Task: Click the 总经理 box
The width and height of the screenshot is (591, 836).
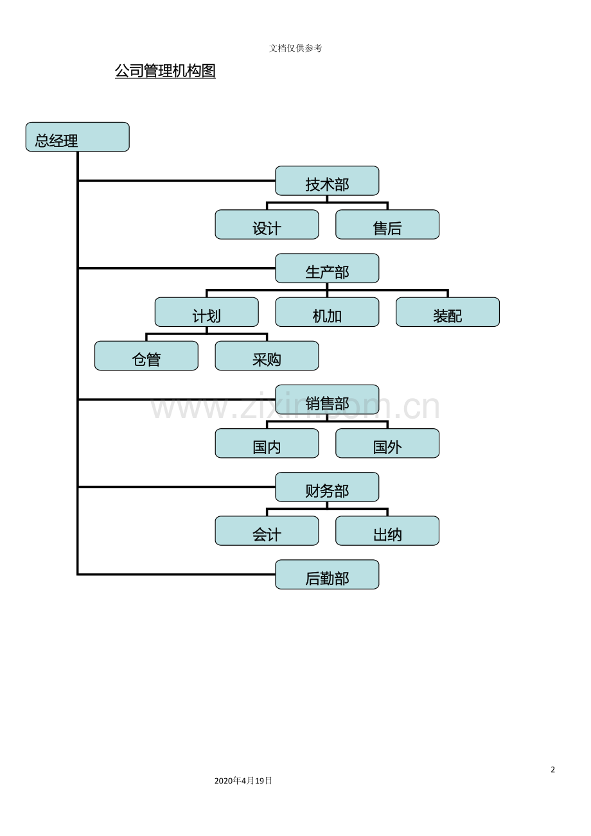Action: (77, 137)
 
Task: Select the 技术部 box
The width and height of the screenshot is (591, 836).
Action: (327, 180)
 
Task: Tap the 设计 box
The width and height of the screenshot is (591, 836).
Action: (267, 224)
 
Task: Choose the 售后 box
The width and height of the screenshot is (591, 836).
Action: (387, 224)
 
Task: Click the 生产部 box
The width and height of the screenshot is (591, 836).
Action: (327, 268)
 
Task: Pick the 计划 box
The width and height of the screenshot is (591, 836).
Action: (206, 312)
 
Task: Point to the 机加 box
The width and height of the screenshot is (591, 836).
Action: (327, 312)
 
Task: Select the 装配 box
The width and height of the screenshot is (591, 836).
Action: (448, 312)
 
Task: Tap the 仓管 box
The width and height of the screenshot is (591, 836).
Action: (146, 356)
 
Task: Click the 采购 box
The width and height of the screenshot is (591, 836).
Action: (267, 356)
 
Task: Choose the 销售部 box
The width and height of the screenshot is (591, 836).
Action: (327, 399)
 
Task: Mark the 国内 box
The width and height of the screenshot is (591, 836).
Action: (267, 443)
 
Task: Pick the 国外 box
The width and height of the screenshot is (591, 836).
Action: (387, 443)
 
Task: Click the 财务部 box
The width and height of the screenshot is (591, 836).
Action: (327, 487)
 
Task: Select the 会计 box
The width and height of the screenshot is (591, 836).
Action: (267, 531)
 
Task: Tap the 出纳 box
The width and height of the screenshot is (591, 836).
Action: (387, 531)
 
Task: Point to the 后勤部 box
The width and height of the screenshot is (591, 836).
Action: (327, 575)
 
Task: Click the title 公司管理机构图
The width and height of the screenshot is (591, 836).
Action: (165, 71)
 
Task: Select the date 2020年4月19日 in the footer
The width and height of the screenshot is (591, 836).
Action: (243, 780)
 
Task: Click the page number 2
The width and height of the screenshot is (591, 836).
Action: (553, 770)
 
